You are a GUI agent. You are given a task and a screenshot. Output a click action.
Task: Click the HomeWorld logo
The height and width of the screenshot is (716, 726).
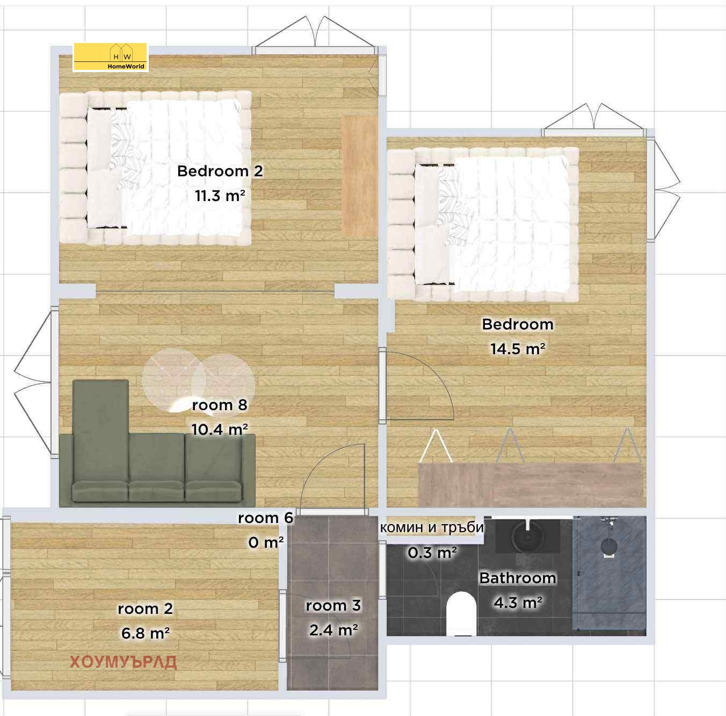pyautogui.click(x=111, y=56)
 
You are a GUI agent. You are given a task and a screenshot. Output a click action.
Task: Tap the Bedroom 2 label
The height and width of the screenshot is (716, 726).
pyautogui.click(x=220, y=171)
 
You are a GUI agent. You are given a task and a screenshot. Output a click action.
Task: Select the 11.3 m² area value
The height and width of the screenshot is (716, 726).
pyautogui.click(x=220, y=196)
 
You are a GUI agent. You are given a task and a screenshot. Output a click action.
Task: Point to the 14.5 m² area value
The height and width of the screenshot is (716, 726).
pyautogui.click(x=518, y=349)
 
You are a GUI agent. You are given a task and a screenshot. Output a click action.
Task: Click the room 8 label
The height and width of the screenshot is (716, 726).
pyautogui.click(x=220, y=405)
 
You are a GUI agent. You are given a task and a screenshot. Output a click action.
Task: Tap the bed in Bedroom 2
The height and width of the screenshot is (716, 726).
pyautogui.click(x=155, y=168)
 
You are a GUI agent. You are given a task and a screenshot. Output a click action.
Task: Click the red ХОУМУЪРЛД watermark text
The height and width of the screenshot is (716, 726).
pyautogui.click(x=123, y=662)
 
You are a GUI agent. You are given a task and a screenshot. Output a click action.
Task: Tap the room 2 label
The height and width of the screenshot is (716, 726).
pyautogui.click(x=146, y=608)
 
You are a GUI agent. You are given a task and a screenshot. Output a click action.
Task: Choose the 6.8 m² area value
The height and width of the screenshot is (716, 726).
pyautogui.click(x=146, y=633)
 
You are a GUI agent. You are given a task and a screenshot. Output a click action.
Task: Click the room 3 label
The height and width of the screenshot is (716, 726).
pyautogui.click(x=333, y=605)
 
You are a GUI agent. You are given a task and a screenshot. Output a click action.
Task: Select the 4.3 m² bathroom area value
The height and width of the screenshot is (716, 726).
pyautogui.click(x=518, y=603)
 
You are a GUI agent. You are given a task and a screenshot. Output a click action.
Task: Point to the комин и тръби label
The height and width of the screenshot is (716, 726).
pyautogui.click(x=432, y=527)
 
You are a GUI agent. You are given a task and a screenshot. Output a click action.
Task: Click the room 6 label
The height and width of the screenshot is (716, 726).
pyautogui.click(x=266, y=518)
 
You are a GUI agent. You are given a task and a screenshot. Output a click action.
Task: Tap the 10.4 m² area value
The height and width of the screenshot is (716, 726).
pyautogui.click(x=220, y=429)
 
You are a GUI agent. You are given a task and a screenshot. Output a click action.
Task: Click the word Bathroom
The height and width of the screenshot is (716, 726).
pyautogui.click(x=518, y=578)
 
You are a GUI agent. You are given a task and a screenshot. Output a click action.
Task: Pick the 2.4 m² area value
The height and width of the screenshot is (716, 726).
pyautogui.click(x=333, y=630)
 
